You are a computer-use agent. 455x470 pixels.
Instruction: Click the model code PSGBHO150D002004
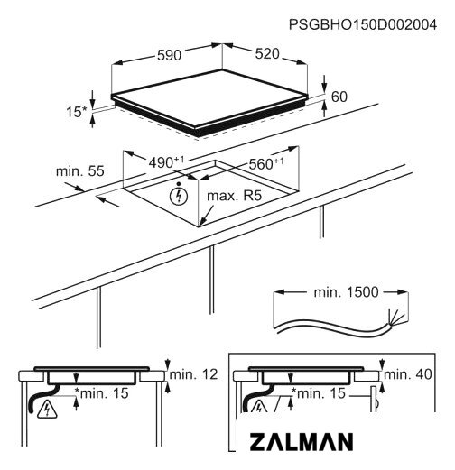[363, 24]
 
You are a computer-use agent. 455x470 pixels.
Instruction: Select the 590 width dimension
[170, 55]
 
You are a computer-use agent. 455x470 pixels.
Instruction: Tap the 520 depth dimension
[267, 54]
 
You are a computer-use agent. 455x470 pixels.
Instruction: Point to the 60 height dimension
[339, 97]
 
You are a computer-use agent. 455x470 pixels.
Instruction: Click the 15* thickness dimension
[76, 112]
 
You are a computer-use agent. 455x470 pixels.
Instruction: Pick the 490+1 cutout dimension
[166, 162]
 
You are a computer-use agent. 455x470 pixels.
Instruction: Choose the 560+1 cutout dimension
[266, 163]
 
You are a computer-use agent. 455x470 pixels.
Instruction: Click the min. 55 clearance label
[80, 171]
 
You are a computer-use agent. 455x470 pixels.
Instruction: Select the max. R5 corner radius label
[235, 196]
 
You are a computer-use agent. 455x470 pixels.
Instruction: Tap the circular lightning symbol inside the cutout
[179, 197]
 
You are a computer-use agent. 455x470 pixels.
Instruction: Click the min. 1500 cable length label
[346, 292]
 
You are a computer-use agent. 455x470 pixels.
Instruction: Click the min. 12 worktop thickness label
[193, 374]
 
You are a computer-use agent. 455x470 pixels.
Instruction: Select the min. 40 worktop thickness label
[408, 374]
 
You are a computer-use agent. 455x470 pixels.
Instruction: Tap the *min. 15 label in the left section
[102, 393]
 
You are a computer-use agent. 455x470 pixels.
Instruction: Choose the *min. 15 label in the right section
[319, 393]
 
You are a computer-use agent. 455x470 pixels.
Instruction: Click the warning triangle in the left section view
[47, 410]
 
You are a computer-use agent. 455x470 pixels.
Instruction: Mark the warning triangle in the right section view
[259, 407]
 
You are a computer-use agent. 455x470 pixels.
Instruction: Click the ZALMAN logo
[302, 442]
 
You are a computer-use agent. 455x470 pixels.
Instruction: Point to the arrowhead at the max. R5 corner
[202, 222]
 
